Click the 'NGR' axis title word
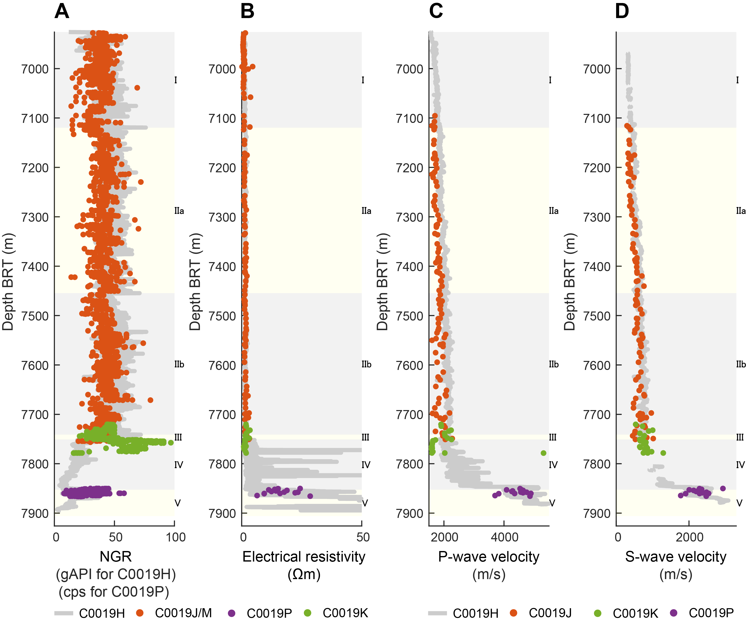coord(115,557)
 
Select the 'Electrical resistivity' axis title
coord(304,557)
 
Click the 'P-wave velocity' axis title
coord(488,557)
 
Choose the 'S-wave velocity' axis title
coord(676,557)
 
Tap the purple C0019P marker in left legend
coord(232,613)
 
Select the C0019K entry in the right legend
coord(635,613)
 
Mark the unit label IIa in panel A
coord(179,211)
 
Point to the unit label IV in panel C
coord(553,465)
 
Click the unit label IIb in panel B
coord(366,364)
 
